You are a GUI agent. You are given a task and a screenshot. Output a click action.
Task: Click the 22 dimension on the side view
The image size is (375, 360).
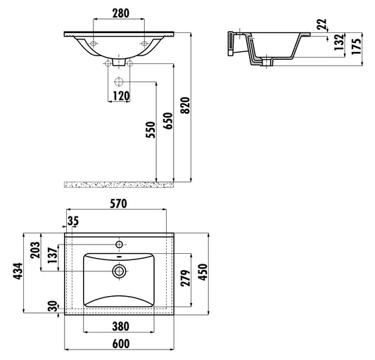click(x=322, y=25)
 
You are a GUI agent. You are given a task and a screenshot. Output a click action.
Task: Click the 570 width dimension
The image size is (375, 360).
click(x=117, y=204)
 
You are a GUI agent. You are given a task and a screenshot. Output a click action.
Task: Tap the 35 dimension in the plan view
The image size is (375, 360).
click(x=73, y=221)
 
